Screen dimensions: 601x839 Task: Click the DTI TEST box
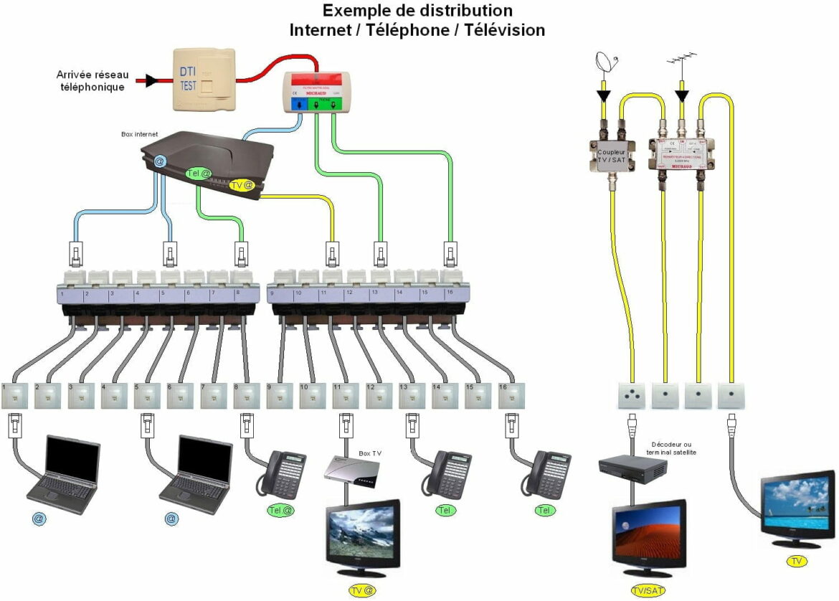204,79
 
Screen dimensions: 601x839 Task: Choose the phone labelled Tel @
283,473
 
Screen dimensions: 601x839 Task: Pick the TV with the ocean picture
797,506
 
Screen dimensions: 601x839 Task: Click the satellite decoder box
632,468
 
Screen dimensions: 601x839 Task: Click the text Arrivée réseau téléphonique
91,80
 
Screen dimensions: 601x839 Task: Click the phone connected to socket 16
547,473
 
